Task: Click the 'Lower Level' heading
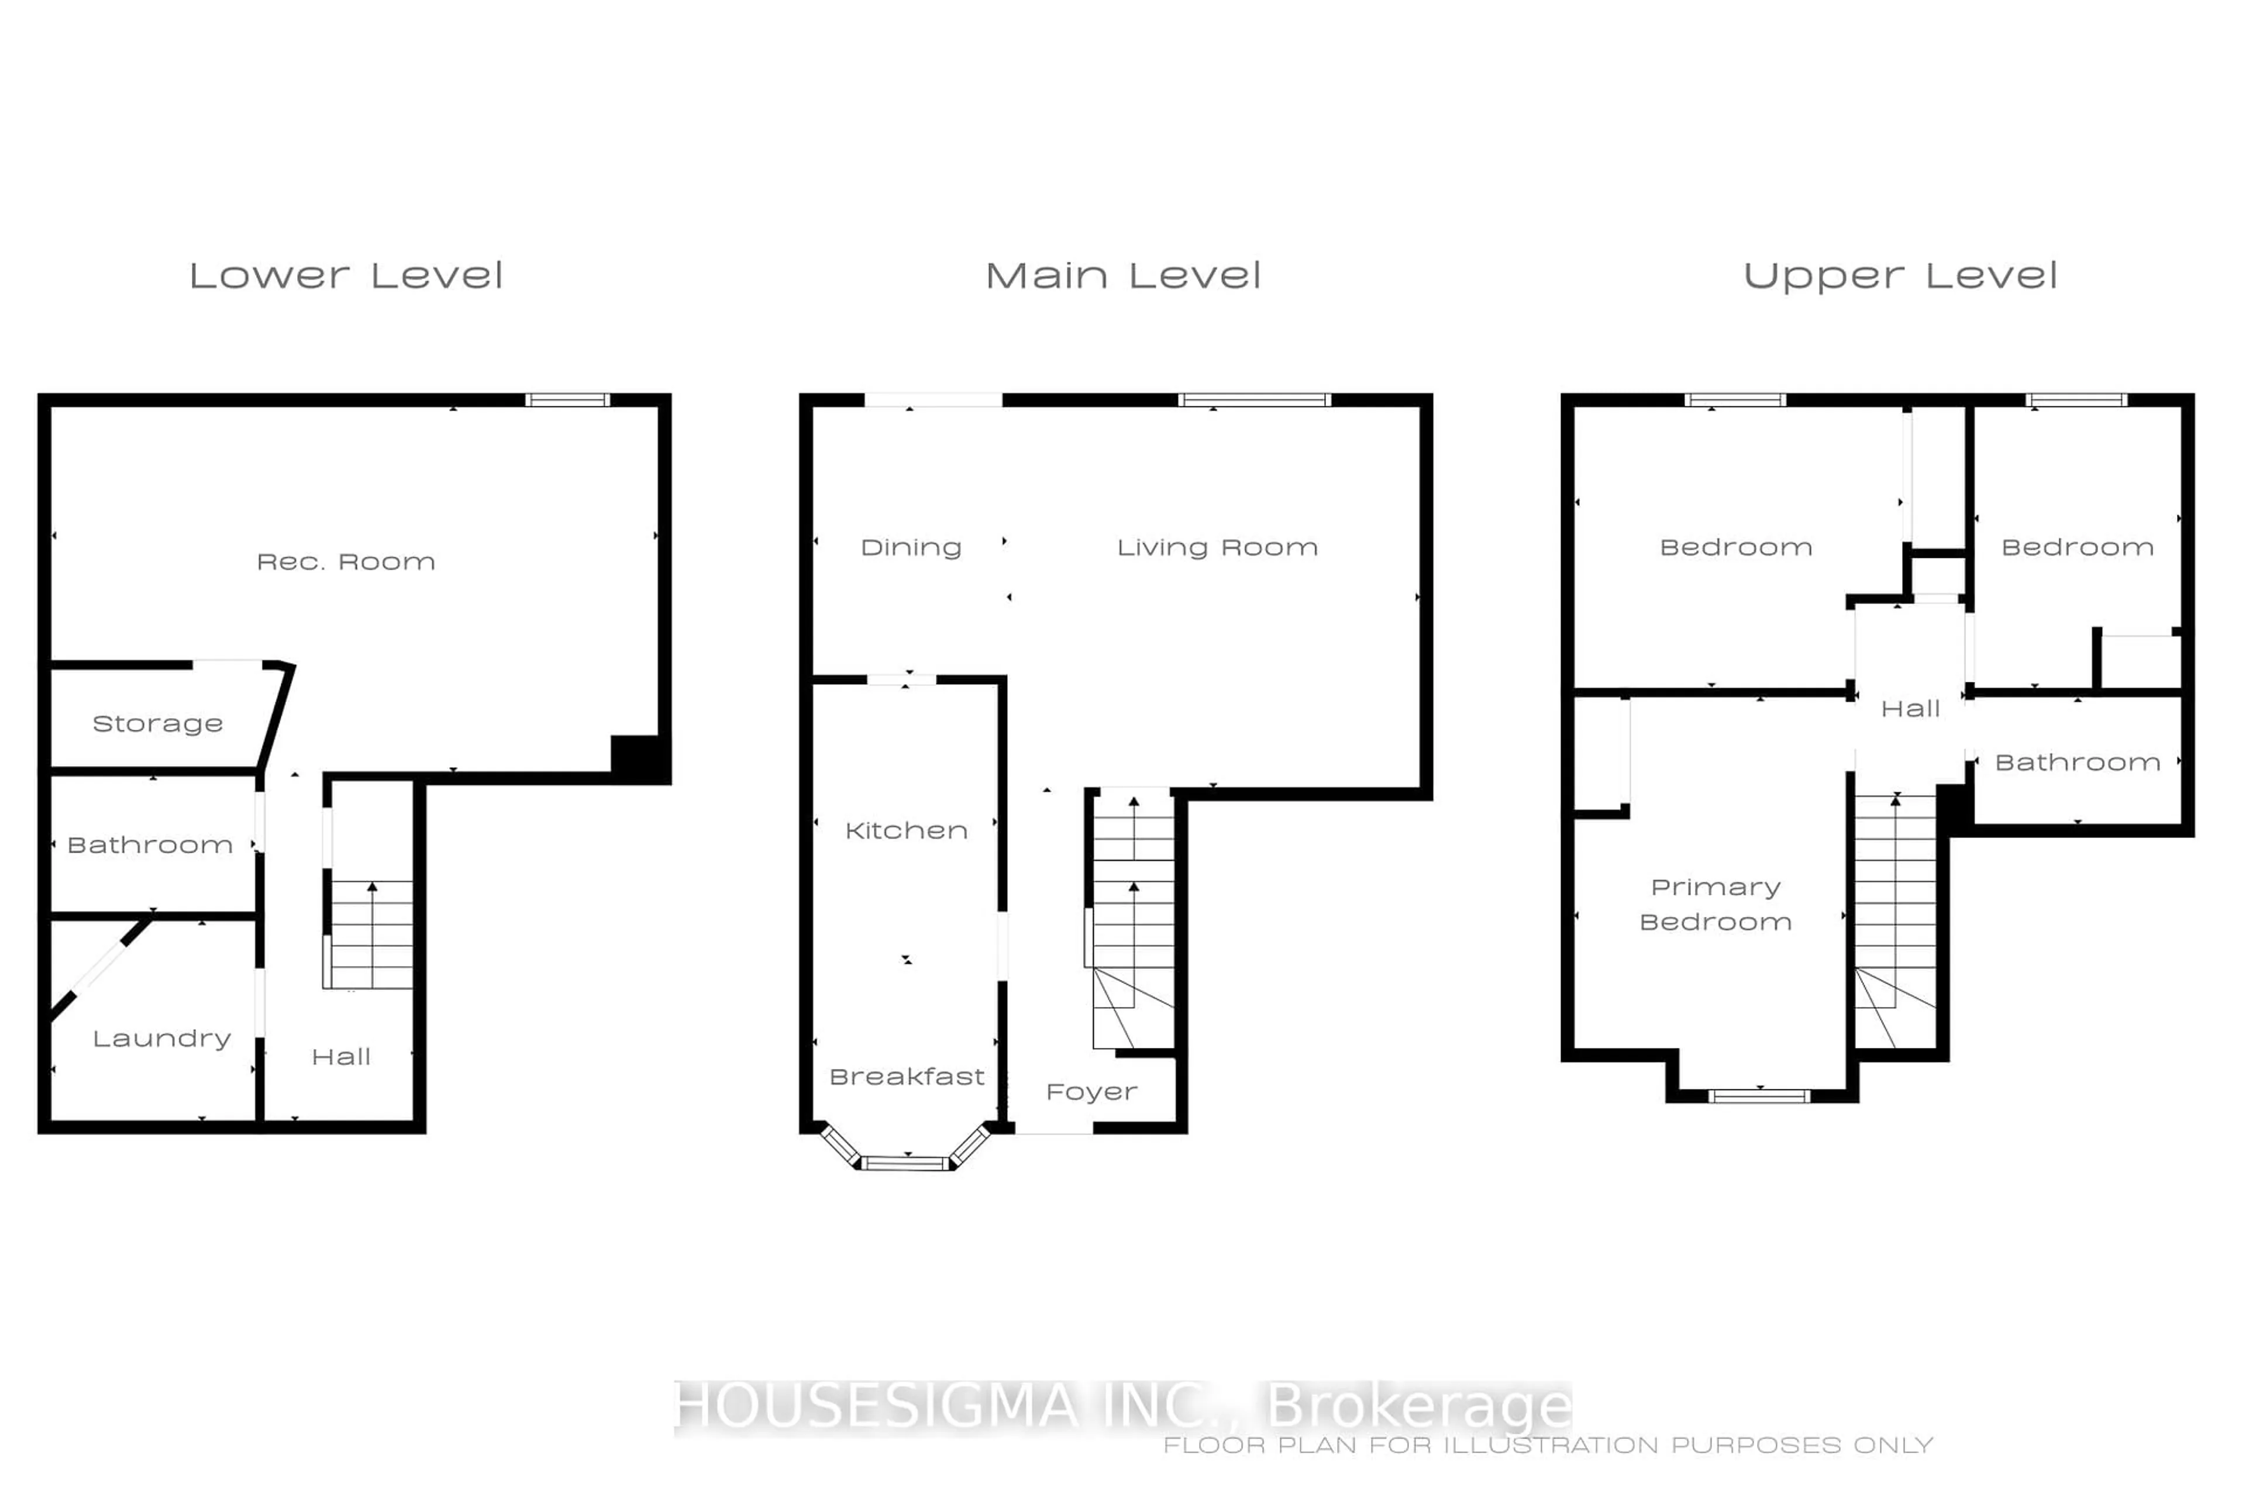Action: click(x=346, y=276)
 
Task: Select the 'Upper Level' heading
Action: click(x=1900, y=277)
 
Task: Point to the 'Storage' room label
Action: click(x=157, y=724)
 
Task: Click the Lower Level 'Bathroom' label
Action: click(x=150, y=845)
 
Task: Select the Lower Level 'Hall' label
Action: click(x=341, y=1057)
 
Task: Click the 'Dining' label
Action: click(x=911, y=548)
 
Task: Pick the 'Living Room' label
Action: click(x=1218, y=547)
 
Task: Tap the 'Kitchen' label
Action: click(x=906, y=830)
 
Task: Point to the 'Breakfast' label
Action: click(x=906, y=1077)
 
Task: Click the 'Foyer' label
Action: click(x=1091, y=1092)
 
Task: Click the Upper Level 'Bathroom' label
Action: click(x=2077, y=763)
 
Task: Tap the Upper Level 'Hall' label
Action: click(x=1910, y=708)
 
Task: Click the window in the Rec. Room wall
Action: click(x=567, y=400)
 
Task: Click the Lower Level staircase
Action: click(x=370, y=934)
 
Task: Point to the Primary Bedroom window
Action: click(x=1759, y=1096)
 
